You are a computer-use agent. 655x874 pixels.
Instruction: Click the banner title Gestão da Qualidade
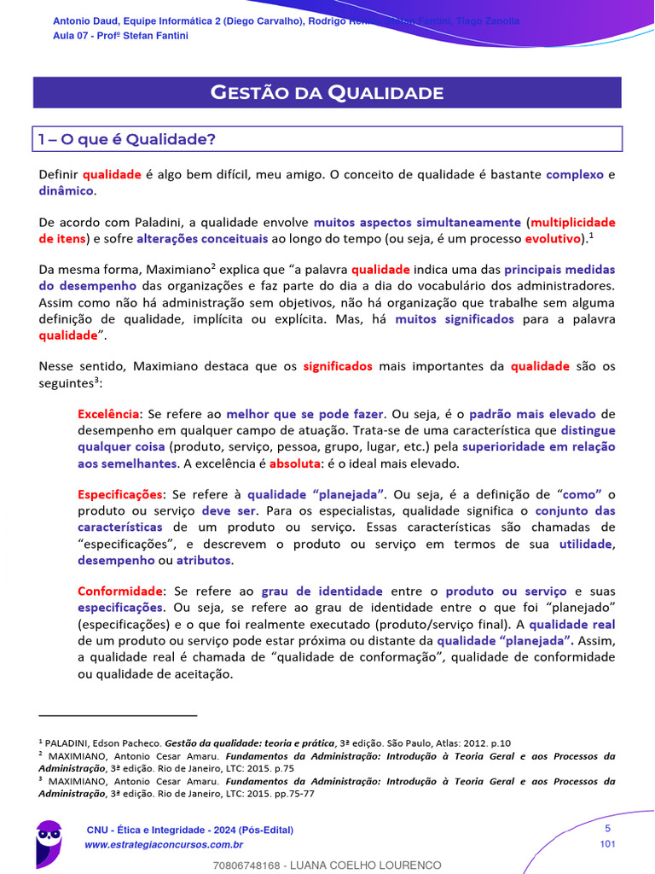327,92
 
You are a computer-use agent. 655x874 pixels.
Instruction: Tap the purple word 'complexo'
574,174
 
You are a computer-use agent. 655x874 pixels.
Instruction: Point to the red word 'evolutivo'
553,238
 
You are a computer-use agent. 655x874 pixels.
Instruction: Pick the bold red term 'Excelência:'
109,414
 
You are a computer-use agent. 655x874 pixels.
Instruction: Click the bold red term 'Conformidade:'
121,591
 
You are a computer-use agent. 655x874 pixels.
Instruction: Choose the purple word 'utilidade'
586,544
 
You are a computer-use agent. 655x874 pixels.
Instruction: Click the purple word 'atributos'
203,560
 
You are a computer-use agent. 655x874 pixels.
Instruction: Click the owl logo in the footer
49,842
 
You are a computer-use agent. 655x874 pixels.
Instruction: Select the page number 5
607,828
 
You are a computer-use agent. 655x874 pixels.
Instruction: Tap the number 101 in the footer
607,844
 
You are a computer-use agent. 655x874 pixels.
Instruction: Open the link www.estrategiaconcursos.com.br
165,845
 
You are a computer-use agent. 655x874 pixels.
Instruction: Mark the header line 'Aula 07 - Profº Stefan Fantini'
120,36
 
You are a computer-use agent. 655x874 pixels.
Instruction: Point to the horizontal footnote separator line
118,715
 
